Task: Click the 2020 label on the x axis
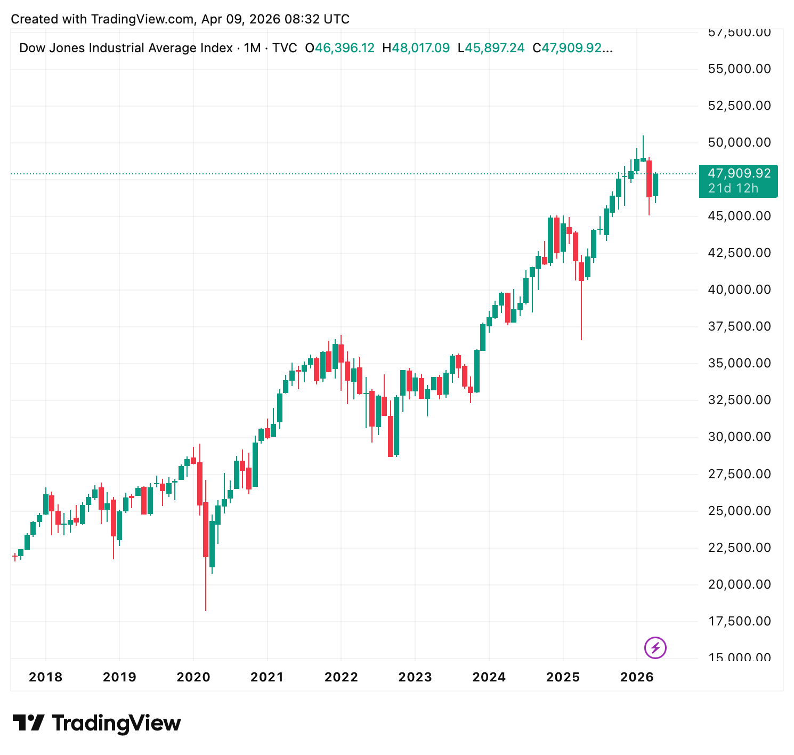pos(193,677)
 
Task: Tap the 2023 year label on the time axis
pos(415,677)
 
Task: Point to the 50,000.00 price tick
pos(739,142)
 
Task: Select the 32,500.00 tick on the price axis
pos(739,400)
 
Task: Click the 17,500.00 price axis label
pos(739,621)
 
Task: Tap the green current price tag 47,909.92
pos(739,174)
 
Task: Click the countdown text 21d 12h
pos(733,188)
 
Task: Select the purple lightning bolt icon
pos(655,648)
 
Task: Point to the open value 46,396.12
pos(344,48)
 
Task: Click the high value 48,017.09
pos(420,48)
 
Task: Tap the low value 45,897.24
pos(495,48)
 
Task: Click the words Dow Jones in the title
pos(52,48)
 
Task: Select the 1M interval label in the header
pos(252,48)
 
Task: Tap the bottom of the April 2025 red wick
pos(581,339)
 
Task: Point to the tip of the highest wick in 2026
pos(643,136)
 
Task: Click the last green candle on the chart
pos(655,184)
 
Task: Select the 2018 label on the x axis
pos(45,677)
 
